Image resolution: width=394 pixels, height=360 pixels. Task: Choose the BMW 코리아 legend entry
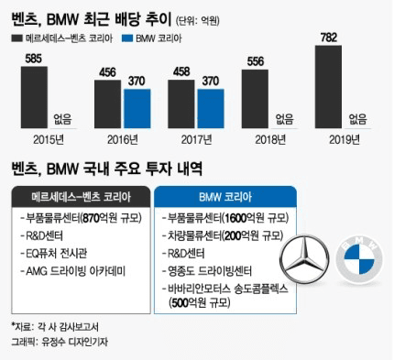click(160, 38)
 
